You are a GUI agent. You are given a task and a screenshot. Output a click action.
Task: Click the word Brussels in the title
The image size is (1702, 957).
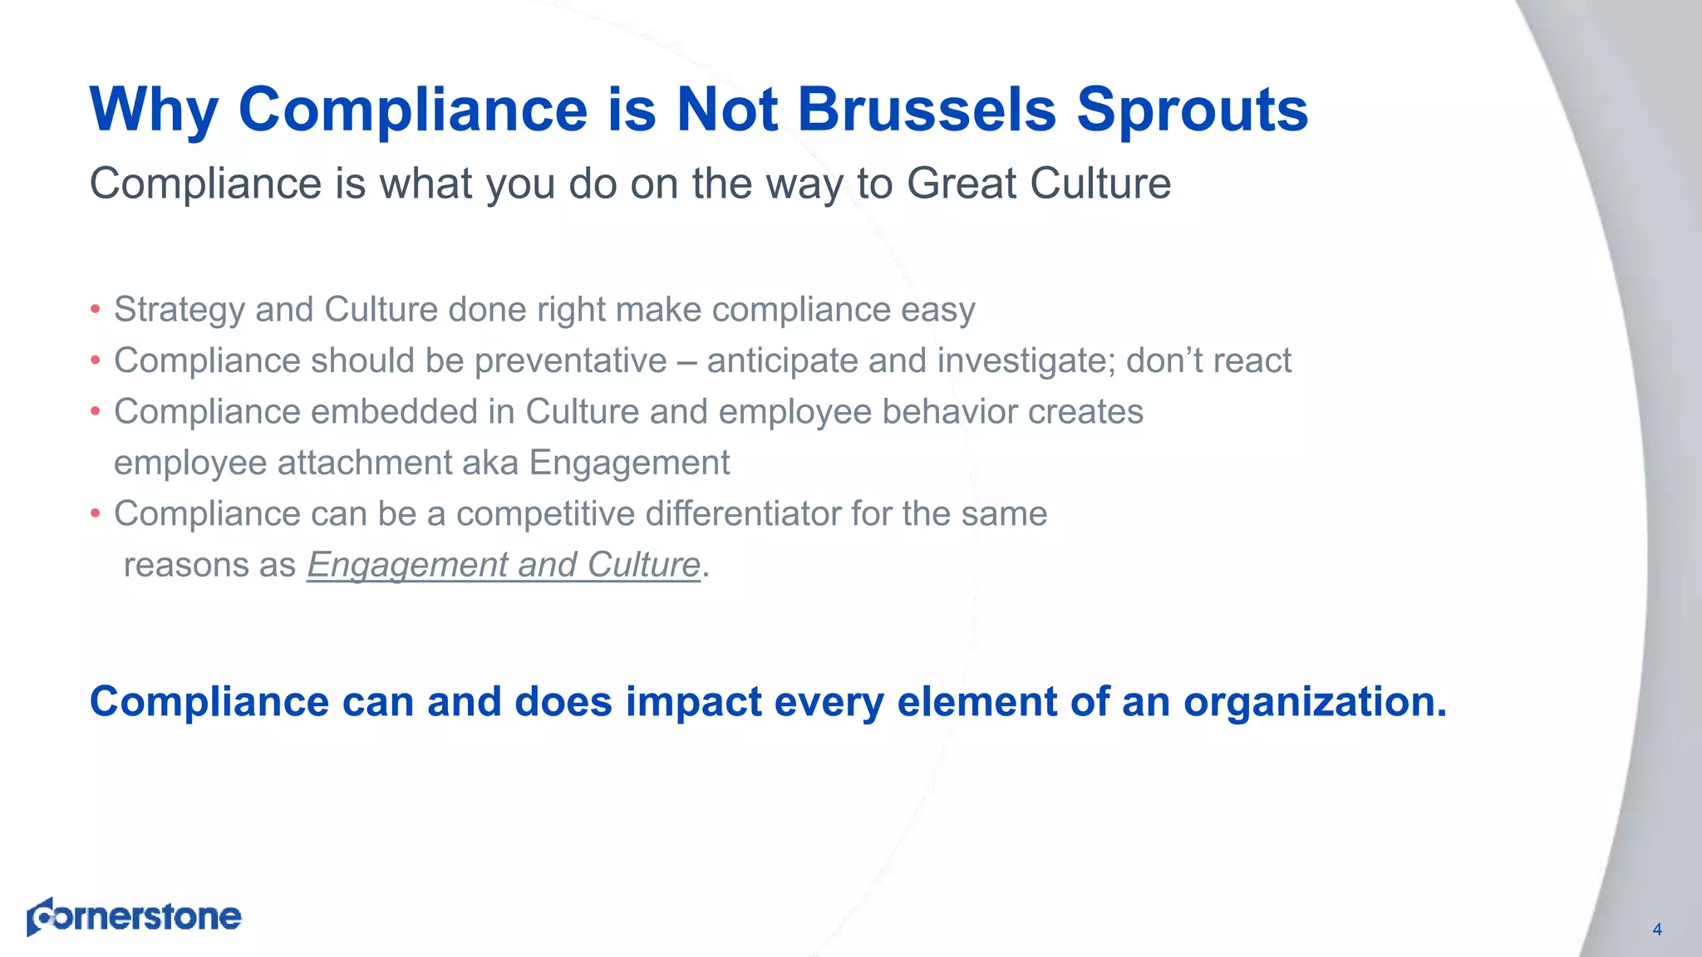coord(927,110)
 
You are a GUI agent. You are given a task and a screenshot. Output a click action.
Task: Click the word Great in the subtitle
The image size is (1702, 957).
coord(960,184)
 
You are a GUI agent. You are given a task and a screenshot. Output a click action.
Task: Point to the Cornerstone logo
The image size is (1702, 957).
coord(134,916)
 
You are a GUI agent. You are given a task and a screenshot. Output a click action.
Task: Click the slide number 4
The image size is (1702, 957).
coord(1656,930)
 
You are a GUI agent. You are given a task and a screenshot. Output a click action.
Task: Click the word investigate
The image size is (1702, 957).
coord(1026,361)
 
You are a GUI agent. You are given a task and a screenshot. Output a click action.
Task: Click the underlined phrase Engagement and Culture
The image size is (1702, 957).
coord(504,566)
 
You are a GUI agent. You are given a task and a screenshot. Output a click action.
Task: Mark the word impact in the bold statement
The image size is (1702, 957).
coord(693,703)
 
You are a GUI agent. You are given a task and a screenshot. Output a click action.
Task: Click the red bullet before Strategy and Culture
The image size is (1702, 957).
coord(96,310)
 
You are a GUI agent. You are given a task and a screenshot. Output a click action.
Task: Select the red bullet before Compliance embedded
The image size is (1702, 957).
coord(96,412)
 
